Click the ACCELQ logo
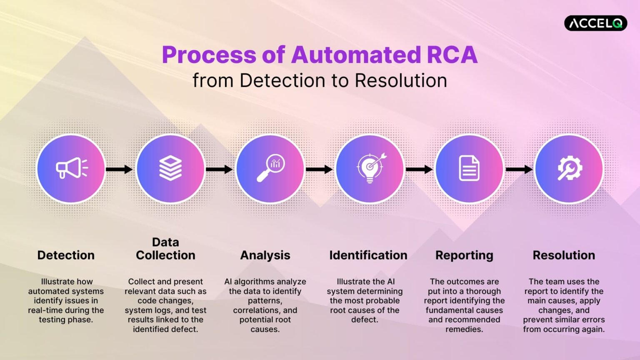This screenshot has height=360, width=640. pos(595,23)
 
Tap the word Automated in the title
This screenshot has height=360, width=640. pos(356,55)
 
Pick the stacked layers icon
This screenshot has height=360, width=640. pos(170,168)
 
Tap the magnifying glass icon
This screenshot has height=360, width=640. pos(270,168)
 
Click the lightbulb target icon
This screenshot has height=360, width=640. pos(370,168)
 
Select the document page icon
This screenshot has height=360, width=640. pos(469,168)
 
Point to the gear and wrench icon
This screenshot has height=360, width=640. pos(569,168)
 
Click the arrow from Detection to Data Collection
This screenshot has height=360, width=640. pos(119,169)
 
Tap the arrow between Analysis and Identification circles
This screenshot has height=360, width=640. pos(319,169)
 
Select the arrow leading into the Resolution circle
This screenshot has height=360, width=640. pos(519,169)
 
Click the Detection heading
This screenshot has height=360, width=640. pos(66,255)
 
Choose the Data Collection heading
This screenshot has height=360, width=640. pos(165,249)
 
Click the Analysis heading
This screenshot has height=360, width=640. pos(265,255)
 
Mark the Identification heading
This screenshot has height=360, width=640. pos(368,255)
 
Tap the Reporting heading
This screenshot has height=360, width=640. pos(464,255)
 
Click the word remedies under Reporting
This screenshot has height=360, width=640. pos(464,329)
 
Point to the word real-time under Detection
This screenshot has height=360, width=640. pos(44,310)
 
